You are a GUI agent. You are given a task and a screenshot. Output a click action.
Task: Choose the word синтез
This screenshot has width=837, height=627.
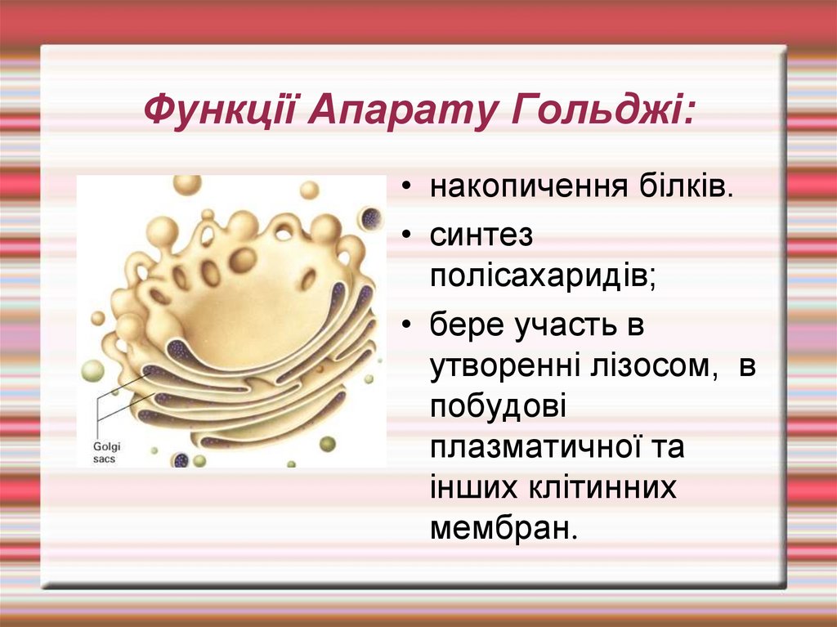click(481, 235)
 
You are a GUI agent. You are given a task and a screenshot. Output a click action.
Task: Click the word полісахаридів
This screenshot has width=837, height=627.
click(544, 278)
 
